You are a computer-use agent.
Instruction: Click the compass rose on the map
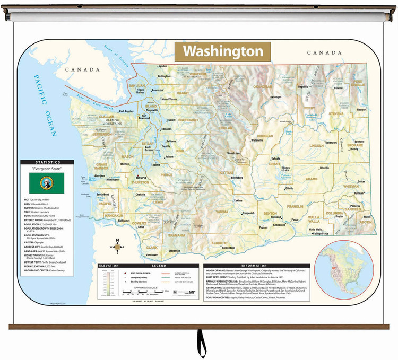(118, 247)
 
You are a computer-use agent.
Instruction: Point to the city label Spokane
(359, 142)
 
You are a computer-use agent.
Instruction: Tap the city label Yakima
(238, 201)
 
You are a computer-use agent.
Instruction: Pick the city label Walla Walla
(315, 229)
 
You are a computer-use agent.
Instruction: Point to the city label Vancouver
(152, 255)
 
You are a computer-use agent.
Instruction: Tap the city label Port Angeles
(126, 111)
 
